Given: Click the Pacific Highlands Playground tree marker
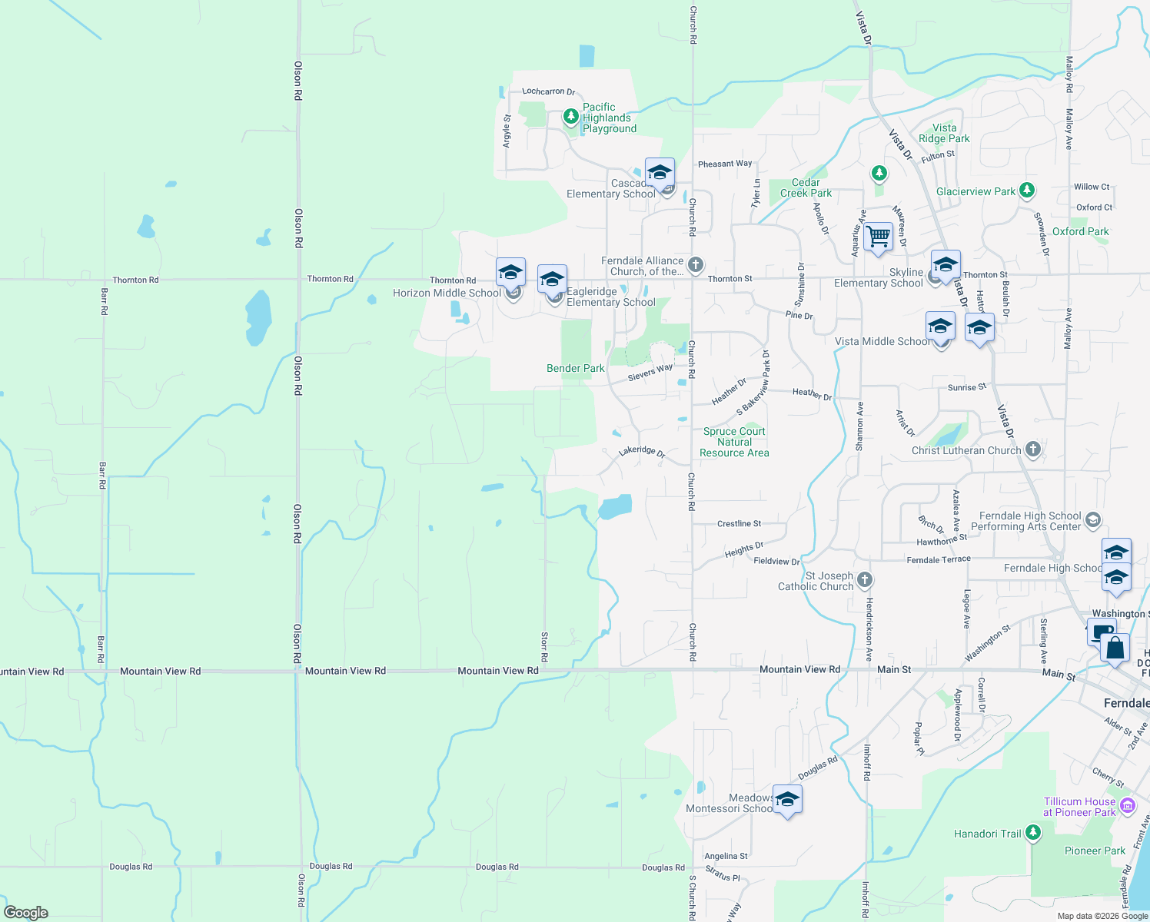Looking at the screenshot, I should [570, 117].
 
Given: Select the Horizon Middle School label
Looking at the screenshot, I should [447, 293].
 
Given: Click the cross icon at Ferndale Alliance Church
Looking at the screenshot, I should [695, 265].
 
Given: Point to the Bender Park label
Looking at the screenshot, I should [575, 368].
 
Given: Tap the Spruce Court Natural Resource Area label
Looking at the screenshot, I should [734, 442].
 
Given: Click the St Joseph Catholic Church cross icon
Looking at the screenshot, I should [865, 579].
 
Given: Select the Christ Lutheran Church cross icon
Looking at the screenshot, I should [1032, 449].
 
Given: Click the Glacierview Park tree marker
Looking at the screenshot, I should [1027, 190].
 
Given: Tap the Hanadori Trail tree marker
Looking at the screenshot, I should [1033, 832].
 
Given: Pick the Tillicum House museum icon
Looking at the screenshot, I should [1128, 806].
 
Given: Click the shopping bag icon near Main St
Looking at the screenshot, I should [1115, 648].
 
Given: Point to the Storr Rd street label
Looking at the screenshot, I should [544, 647].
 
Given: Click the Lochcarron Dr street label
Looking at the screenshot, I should [548, 91].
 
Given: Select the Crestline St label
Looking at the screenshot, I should [739, 523].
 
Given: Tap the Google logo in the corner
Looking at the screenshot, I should [26, 913].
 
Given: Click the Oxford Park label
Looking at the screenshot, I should [1080, 231].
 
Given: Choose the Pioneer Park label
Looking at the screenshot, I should [1095, 851].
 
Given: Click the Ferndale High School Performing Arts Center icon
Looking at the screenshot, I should [1092, 520].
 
